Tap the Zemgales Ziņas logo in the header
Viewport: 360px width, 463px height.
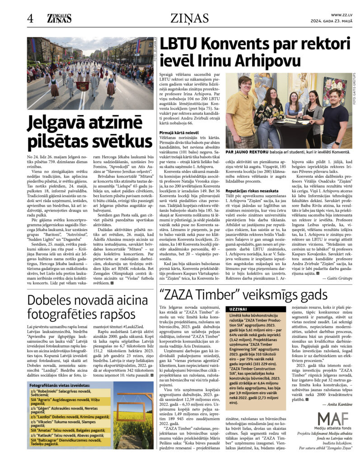pyautogui.click(x=59, y=18)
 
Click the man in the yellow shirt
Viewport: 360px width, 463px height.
pyautogui.click(x=242, y=113)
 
